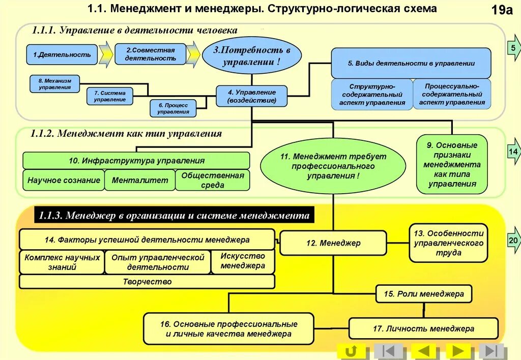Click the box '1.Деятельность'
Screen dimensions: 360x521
coord(62,54)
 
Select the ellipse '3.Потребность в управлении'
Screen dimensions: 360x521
coord(251,56)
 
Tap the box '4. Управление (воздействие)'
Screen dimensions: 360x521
coord(251,96)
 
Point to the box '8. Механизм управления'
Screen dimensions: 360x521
coord(54,84)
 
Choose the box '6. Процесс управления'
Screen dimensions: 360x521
coord(173,108)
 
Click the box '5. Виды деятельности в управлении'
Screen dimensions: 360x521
coord(411,63)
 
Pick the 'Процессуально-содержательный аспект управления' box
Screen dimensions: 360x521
coord(452,94)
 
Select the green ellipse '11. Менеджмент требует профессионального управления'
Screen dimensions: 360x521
coord(333,166)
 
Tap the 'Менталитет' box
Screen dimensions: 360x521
coord(139,180)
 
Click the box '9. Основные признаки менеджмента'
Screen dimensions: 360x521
coord(452,164)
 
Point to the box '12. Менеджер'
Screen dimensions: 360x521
coord(333,243)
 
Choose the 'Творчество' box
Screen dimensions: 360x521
coord(147,282)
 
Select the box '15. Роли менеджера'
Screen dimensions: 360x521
coord(423,294)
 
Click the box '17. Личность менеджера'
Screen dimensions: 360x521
coord(423,328)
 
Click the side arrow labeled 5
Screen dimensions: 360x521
coord(513,49)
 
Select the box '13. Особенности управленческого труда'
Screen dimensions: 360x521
coord(448,243)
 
